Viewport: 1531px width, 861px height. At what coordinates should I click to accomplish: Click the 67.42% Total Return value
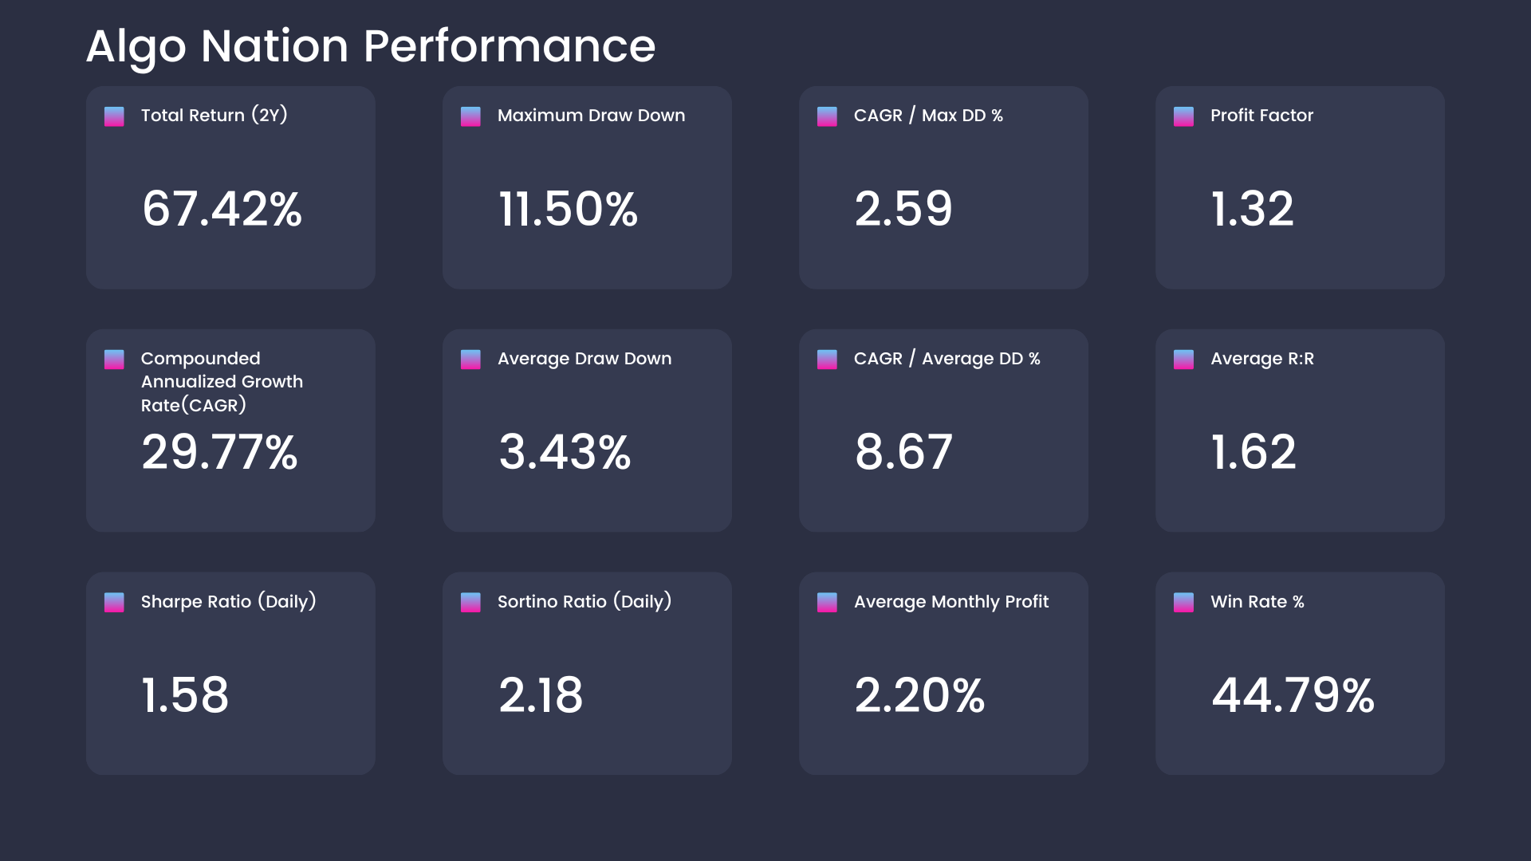point(222,209)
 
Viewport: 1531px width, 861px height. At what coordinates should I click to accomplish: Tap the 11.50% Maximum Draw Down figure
point(568,209)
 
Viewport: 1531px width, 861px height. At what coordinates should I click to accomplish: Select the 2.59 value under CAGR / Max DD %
point(903,209)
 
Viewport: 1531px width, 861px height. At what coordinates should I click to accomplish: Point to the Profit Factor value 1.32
point(1252,209)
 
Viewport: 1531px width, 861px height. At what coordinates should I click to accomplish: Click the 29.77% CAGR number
point(219,452)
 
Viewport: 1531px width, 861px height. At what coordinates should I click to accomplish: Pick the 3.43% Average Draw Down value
point(565,452)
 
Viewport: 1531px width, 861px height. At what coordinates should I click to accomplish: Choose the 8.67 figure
point(903,452)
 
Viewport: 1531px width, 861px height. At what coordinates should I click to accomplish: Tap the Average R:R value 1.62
point(1254,452)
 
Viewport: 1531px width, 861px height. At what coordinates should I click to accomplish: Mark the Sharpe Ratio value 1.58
point(185,694)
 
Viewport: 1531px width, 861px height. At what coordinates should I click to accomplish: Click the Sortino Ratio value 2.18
point(541,694)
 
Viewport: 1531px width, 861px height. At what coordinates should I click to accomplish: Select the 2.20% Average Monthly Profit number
point(919,694)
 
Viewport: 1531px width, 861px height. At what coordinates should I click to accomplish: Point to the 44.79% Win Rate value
point(1293,694)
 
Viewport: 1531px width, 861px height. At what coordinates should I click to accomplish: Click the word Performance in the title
point(509,46)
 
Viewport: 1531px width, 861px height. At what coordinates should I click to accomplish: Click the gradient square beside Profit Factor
point(1183,116)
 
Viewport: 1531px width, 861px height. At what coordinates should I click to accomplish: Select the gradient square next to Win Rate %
point(1183,602)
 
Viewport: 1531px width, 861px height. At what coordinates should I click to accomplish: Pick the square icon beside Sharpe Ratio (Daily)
point(114,602)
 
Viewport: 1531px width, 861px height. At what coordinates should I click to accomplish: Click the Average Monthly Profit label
point(950,602)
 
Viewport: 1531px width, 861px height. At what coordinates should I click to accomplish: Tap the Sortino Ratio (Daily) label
point(584,602)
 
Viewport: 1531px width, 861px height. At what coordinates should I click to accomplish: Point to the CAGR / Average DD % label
point(947,359)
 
